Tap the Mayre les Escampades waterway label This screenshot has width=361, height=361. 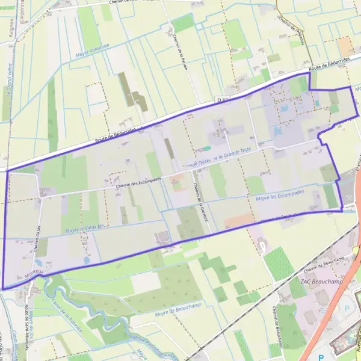tap(280, 195)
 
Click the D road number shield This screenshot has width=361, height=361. tap(223, 100)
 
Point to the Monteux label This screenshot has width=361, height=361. tap(34, 273)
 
